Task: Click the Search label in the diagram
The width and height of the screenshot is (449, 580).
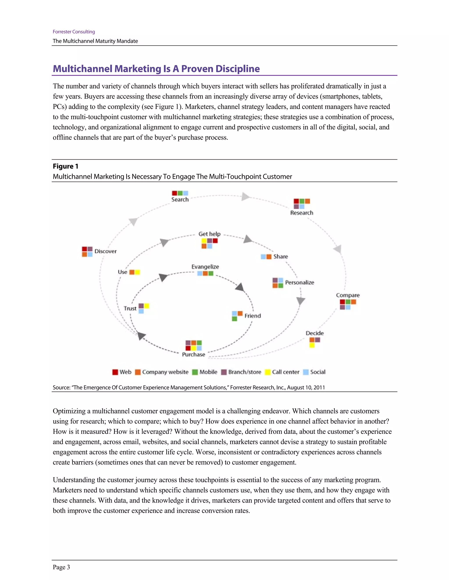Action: [x=180, y=199]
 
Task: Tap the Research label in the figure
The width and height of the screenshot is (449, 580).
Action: [x=302, y=213]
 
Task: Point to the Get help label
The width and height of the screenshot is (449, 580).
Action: [x=209, y=234]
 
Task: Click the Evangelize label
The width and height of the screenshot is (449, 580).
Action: [x=205, y=267]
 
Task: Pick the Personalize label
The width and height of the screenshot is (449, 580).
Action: [x=299, y=282]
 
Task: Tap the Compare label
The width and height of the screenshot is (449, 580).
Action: [x=348, y=295]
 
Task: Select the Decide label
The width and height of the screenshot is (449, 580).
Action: [x=315, y=333]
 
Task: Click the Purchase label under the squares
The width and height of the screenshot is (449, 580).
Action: [x=193, y=354]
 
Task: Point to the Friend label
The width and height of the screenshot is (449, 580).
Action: [x=253, y=316]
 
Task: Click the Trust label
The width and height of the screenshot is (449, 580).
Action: [x=130, y=308]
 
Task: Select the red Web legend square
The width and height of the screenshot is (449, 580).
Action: [x=115, y=372]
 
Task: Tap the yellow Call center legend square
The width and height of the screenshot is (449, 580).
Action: [x=268, y=372]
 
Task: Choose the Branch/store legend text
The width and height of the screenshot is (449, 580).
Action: [x=244, y=372]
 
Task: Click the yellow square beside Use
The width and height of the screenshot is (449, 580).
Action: [x=137, y=272]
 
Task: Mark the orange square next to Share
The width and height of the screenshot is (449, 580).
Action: [x=269, y=257]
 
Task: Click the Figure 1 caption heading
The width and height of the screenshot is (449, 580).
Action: [x=65, y=166]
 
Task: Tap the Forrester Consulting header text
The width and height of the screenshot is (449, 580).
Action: [x=74, y=32]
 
